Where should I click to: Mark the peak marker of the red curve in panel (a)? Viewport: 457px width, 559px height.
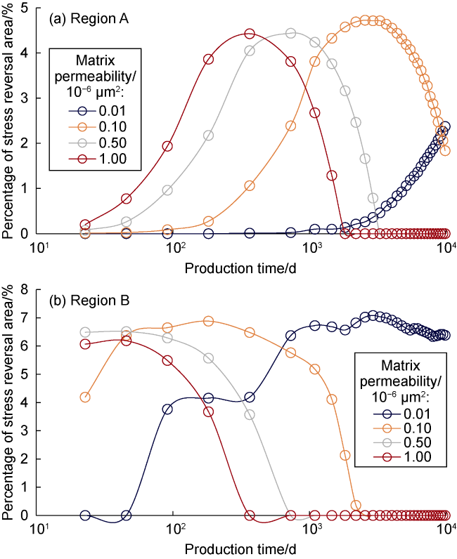coord(250,34)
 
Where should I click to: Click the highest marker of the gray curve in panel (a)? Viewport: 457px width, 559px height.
coord(291,34)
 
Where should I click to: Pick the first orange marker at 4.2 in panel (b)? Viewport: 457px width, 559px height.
coord(85,397)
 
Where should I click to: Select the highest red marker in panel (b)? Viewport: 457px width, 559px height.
coord(126,341)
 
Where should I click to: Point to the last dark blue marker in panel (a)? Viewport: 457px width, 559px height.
coord(444,127)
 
